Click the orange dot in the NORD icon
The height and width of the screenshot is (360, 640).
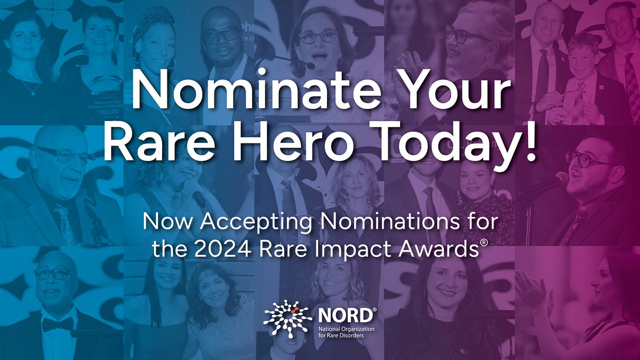(x=293, y=308)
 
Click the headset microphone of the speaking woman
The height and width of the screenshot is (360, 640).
(x=308, y=66)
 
